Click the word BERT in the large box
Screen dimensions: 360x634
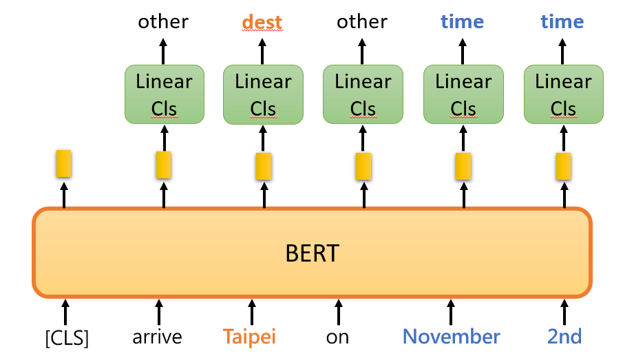pos(312,253)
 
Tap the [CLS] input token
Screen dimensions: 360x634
pos(65,338)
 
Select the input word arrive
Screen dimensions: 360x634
pos(158,338)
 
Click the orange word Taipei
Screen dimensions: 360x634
pos(249,338)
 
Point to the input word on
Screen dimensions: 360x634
pos(337,338)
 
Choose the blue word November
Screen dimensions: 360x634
pos(452,337)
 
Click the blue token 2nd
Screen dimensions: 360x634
pos(564,337)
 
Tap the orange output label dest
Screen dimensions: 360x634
pos(262,23)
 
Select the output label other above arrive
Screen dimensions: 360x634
pos(163,22)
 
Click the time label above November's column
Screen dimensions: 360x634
pos(462,22)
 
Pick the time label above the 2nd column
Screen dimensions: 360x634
pos(562,22)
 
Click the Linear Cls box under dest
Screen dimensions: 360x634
pos(263,94)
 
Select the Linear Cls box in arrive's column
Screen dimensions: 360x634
pos(164,94)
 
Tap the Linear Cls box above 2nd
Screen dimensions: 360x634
pos(564,94)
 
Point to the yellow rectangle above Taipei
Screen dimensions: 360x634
pos(263,166)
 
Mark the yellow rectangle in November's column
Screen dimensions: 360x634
pos(463,166)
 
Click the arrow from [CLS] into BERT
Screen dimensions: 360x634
pos(65,311)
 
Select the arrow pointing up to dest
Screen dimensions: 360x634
pos(262,51)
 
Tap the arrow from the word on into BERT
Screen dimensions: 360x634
pos(338,311)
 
